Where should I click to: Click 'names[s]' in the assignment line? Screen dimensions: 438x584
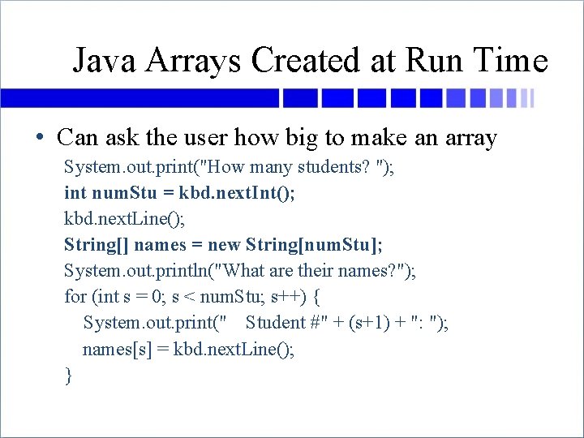click(x=111, y=349)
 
